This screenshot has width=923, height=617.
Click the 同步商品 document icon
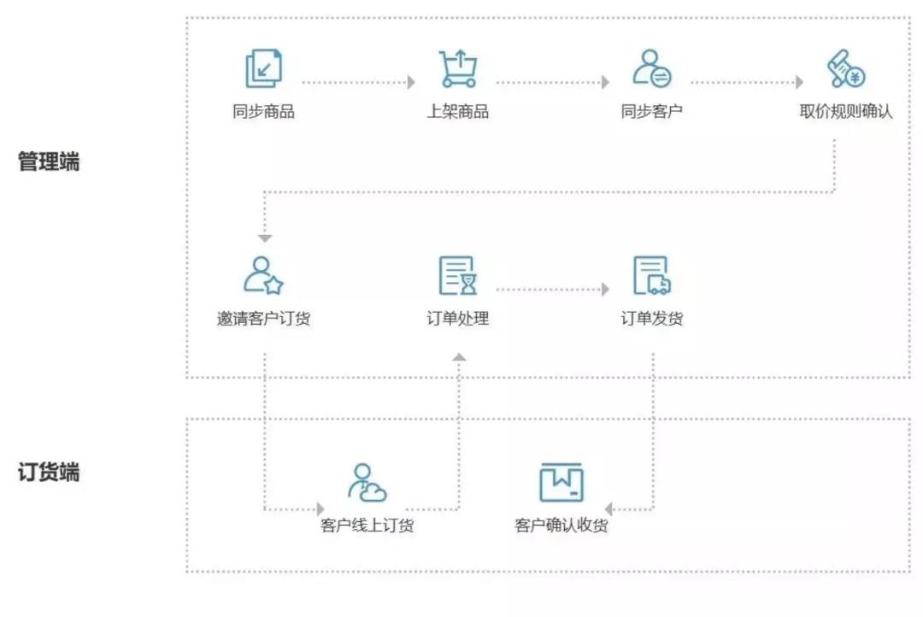(264, 68)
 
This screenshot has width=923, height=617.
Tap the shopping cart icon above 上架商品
(458, 68)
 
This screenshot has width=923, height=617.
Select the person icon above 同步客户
(651, 68)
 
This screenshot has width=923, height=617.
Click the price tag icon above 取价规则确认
(846, 68)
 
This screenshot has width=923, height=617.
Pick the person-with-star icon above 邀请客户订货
(264, 275)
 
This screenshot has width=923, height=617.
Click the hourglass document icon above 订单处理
(458, 275)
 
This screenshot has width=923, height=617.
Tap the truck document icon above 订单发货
(651, 275)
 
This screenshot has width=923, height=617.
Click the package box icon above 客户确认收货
(561, 482)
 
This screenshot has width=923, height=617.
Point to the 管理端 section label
(49, 162)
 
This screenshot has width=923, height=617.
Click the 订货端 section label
(49, 473)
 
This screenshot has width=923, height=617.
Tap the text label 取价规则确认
(846, 111)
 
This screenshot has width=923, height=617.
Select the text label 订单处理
(458, 319)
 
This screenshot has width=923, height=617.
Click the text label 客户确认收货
(561, 526)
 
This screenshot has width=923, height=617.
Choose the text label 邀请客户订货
(264, 319)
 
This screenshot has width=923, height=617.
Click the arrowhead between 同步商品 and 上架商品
(411, 82)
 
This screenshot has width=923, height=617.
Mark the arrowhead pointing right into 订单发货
(606, 289)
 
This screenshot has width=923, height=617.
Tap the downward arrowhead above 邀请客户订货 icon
(265, 238)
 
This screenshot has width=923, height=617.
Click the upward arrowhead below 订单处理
(459, 356)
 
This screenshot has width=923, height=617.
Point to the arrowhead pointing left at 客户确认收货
(608, 509)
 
